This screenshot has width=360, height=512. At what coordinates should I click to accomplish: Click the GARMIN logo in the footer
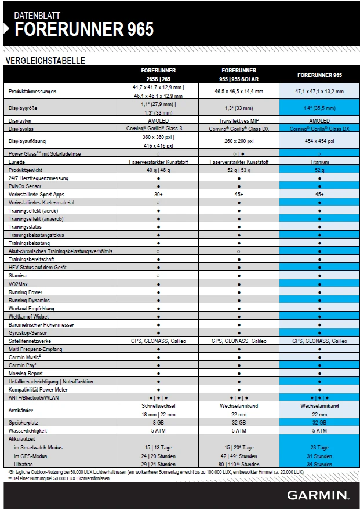point(318,495)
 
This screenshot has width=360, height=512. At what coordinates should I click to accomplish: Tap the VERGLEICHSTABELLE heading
point(45,60)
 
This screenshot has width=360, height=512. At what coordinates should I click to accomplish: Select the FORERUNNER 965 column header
point(319,75)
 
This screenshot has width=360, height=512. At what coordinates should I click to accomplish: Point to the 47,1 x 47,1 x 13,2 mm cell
point(319,92)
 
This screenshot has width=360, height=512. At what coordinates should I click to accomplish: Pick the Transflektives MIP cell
point(239,121)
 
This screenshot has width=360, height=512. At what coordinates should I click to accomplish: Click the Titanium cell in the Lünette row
point(319,162)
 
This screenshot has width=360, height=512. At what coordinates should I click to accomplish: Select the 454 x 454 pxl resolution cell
point(319,141)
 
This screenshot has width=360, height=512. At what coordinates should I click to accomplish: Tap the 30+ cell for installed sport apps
point(158,195)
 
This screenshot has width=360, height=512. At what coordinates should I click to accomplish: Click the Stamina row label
point(19,276)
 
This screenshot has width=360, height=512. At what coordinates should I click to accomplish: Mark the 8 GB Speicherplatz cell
point(158,423)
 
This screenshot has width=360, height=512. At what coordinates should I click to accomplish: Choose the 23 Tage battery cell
point(319,447)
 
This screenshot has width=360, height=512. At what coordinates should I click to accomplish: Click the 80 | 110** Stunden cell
point(239,464)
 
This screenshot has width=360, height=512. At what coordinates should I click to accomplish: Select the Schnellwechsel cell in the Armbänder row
point(158,407)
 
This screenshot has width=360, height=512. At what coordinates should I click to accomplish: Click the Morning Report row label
point(27,374)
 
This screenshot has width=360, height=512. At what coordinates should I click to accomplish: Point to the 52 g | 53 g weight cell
point(239,170)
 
